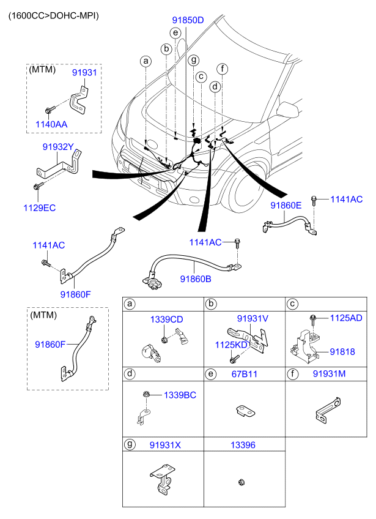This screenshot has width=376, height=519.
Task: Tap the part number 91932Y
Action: click(x=58, y=147)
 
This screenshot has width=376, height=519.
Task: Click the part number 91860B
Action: click(x=196, y=279)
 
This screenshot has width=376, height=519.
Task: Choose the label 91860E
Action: click(x=286, y=206)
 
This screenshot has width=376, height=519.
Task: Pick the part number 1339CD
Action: click(x=167, y=319)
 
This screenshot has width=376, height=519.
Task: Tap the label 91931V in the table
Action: click(x=253, y=318)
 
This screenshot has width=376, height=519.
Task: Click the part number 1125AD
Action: click(x=347, y=318)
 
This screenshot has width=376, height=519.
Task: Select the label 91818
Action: click(x=342, y=352)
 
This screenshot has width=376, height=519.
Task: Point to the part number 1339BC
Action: click(x=180, y=395)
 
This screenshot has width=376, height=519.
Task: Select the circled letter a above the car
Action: click(x=146, y=61)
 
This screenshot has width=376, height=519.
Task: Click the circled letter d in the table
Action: click(x=130, y=373)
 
